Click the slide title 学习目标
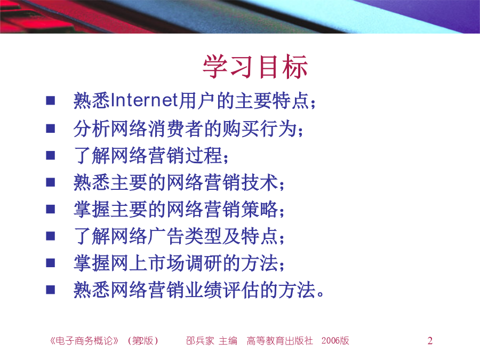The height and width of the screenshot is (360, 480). (255, 67)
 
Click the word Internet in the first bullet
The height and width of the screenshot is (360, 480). (144, 100)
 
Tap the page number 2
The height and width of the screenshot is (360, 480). (430, 340)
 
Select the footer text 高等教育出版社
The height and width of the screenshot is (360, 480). (280, 340)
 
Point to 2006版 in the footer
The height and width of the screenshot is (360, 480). (335, 340)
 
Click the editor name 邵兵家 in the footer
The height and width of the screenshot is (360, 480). (200, 340)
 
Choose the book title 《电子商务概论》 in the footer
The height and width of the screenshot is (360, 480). (84, 340)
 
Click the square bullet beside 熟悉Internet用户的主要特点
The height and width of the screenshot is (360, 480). (51, 101)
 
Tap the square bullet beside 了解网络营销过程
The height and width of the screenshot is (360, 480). (51, 155)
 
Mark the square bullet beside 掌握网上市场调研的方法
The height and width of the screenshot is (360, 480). (51, 263)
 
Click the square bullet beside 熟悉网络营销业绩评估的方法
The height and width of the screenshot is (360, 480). (51, 290)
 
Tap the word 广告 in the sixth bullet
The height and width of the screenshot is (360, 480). (166, 236)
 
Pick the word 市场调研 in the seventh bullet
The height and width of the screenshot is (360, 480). (185, 263)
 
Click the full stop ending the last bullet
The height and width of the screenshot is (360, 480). (321, 294)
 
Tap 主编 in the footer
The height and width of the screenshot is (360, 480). (228, 340)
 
